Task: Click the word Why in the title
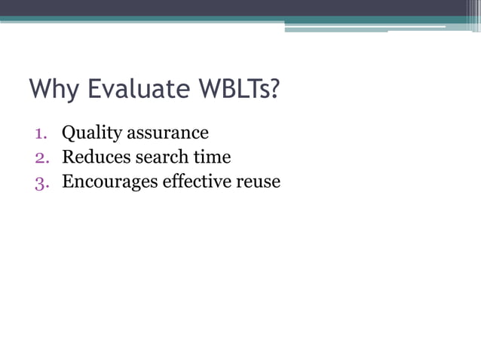55,90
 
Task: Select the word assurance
167,133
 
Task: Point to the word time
214,157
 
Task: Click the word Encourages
110,182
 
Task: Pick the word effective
198,182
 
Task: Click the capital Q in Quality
69,133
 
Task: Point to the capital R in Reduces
68,157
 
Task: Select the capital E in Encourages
67,182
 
